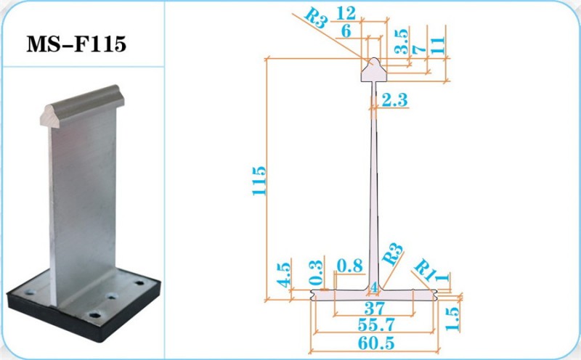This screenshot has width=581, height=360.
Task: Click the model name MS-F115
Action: [x=76, y=44]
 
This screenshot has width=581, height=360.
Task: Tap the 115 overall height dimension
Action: [x=259, y=181]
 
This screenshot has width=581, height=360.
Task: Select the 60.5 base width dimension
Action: [x=376, y=343]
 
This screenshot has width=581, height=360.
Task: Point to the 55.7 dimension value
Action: [x=376, y=325]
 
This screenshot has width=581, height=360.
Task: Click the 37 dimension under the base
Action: [x=375, y=308]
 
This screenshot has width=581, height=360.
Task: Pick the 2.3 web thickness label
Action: [x=394, y=99]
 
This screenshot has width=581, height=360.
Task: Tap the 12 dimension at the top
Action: [x=346, y=14]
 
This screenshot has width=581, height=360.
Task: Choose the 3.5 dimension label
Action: [x=402, y=41]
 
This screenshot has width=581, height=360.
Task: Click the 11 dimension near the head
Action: [x=438, y=45]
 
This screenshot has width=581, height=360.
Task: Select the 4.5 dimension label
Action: [x=284, y=275]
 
